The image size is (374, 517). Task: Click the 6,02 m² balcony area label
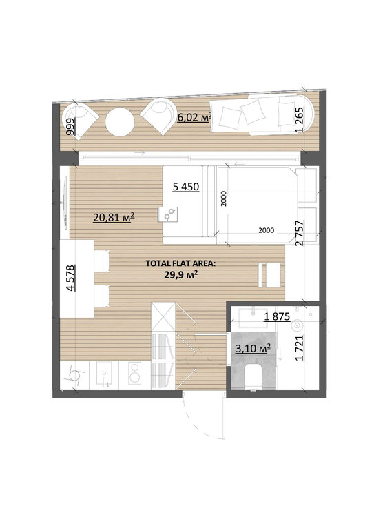coord(194,117)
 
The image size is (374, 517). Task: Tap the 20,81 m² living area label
coord(114,217)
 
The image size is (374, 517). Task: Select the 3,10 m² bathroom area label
coord(253,348)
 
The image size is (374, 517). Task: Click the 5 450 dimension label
coord(186,187)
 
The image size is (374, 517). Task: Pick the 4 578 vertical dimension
coord(70,278)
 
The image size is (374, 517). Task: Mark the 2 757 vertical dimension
coord(300,234)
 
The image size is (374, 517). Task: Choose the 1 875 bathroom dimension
coord(277,317)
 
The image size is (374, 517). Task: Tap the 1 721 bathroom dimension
coord(300,348)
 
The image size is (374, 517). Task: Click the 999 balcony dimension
coord(70,127)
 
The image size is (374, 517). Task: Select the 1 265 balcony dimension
coord(300,120)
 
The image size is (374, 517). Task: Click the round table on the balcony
coord(120,121)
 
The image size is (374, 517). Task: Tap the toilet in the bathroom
coord(253,377)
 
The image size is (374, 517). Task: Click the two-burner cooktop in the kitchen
coord(134,372)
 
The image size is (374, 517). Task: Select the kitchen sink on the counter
coord(104,373)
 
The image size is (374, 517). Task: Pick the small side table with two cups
coord(168,214)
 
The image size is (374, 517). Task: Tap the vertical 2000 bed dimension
coord(224,199)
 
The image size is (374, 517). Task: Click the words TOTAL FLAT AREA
coord(180,263)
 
